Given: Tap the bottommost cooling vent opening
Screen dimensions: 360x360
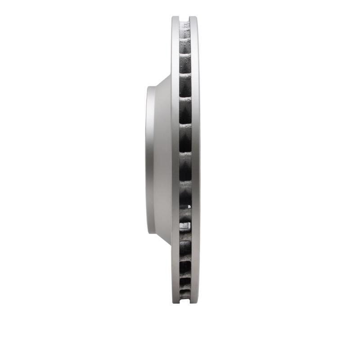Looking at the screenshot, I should pyautogui.click(x=185, y=295).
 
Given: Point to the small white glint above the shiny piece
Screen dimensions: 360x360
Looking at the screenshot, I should pyautogui.click(x=189, y=207).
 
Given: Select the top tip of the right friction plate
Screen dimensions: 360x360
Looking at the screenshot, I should pyautogui.click(x=194, y=18).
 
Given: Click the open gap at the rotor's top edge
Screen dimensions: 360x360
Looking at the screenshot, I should pyautogui.click(x=185, y=18).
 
